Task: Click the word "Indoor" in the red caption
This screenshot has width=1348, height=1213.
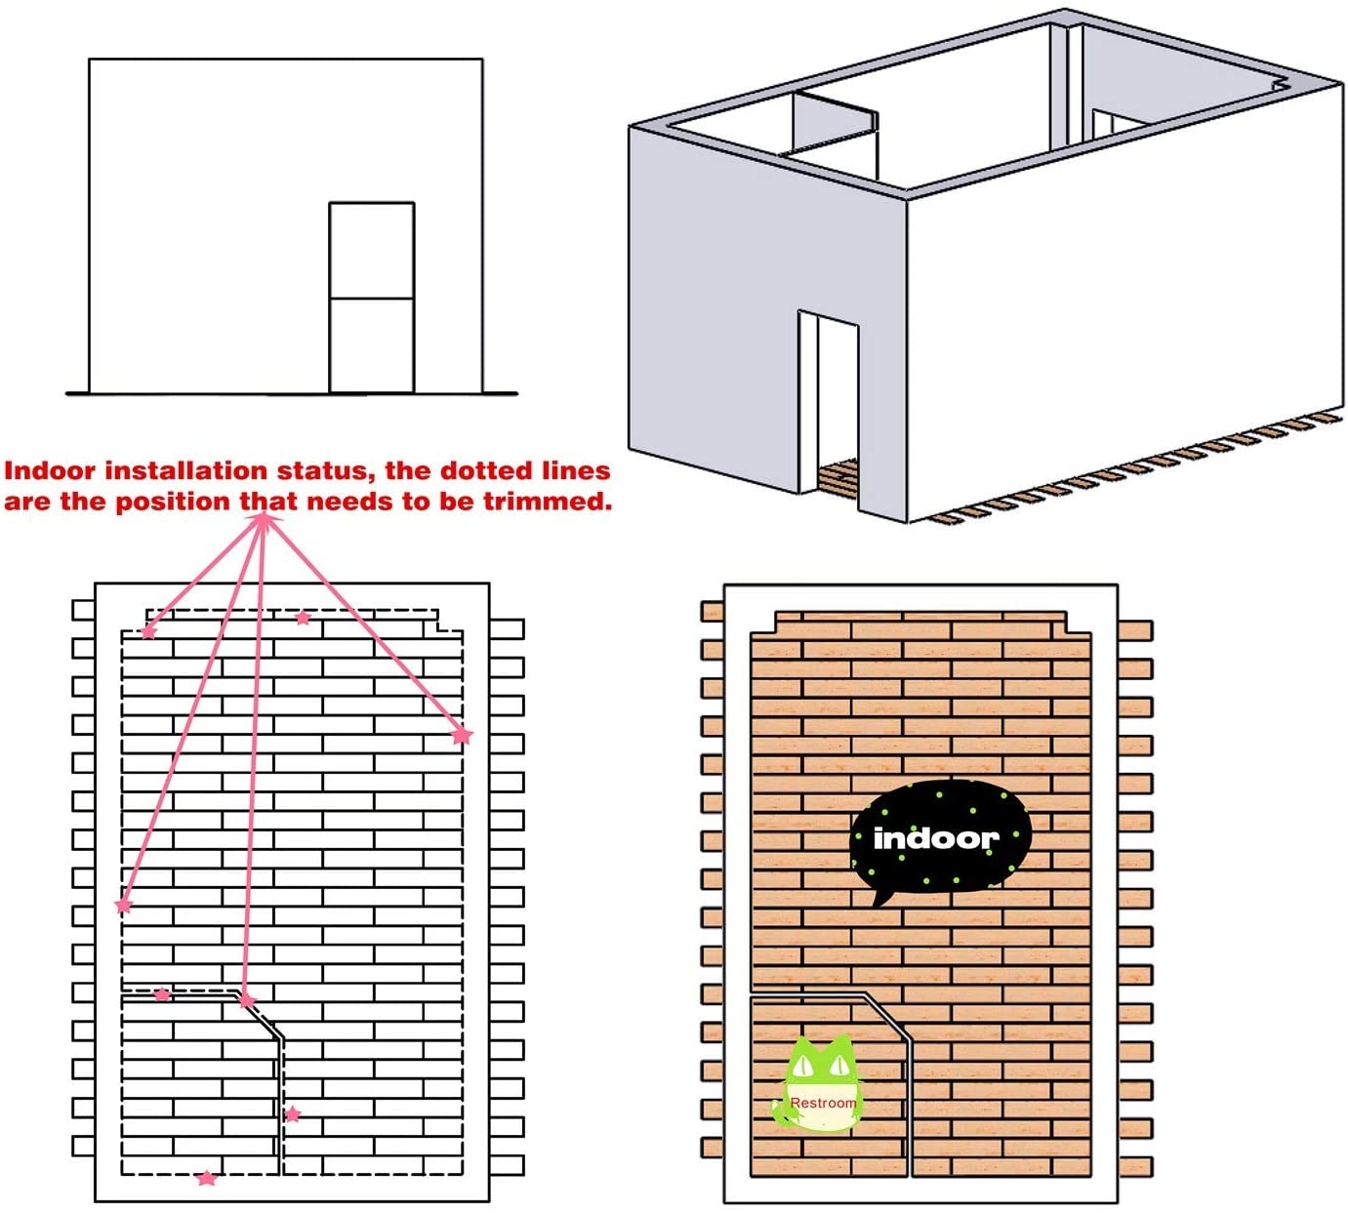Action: click(50, 471)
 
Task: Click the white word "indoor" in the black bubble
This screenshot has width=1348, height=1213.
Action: click(936, 838)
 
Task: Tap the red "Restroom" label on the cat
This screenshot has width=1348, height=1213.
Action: click(823, 1103)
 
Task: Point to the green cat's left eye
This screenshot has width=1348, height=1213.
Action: click(804, 1065)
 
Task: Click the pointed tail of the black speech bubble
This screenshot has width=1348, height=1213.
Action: click(880, 898)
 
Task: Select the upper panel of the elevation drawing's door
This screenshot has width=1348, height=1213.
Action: click(372, 250)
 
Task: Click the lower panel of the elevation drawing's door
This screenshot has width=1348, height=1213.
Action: click(372, 345)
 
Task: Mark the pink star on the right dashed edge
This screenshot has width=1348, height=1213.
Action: click(462, 736)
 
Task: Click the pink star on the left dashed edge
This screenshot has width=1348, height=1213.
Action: click(124, 906)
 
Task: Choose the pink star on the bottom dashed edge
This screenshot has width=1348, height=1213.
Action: click(207, 1178)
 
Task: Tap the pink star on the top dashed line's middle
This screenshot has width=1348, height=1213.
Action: click(303, 617)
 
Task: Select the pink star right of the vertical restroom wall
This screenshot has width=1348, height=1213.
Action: click(292, 1114)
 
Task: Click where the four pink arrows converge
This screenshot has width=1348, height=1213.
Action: click(263, 519)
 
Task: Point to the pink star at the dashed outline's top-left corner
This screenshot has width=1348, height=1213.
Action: click(148, 631)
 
